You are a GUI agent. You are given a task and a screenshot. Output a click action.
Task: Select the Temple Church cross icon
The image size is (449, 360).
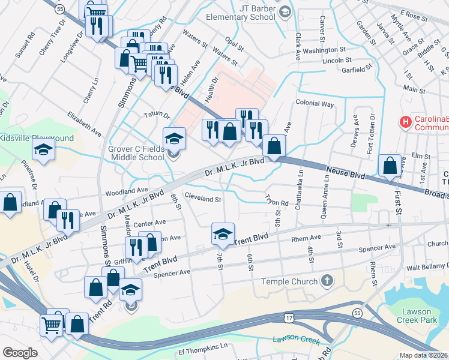[327, 281]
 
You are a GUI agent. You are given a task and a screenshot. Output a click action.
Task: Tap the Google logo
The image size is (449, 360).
[20, 352]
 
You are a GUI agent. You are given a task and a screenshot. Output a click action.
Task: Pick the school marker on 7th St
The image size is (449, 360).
[223, 234]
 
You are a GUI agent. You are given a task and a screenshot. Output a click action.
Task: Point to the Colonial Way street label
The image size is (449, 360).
[315, 104]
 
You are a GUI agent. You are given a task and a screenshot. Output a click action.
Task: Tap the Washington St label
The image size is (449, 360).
[325, 50]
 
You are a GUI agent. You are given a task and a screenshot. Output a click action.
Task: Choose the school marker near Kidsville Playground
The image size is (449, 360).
[44, 150]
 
